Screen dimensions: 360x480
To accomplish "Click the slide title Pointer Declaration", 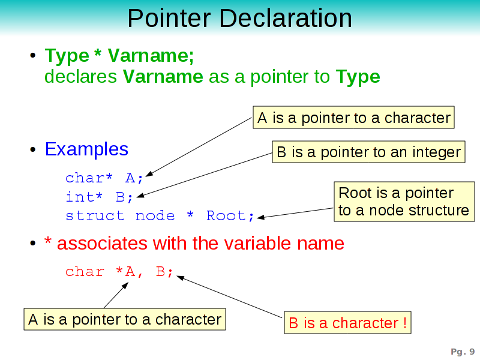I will (x=239, y=18).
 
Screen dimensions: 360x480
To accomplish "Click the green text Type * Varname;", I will (x=119, y=56).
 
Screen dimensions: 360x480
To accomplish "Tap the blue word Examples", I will (x=86, y=149).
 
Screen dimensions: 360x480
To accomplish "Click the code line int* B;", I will (x=99, y=197).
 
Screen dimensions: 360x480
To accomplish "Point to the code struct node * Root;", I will (x=160, y=216).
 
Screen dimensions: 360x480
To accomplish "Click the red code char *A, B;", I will (x=119, y=272).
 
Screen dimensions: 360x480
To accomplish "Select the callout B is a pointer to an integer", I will (x=368, y=152).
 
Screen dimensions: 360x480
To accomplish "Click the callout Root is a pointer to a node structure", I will (x=403, y=202).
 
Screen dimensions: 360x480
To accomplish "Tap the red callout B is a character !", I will (x=347, y=323).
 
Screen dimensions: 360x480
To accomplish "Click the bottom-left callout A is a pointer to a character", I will (x=125, y=319).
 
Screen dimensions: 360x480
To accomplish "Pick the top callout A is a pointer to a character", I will (x=353, y=118).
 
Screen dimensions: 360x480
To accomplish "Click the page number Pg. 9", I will (x=463, y=352).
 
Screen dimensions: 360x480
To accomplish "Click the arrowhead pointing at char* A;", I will (x=149, y=174).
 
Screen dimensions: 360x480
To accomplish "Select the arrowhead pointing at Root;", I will (x=261, y=217).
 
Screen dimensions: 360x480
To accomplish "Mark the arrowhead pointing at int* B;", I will (x=140, y=194).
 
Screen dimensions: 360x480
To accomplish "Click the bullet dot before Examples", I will (x=35, y=150).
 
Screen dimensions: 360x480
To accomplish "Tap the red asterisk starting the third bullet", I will (x=48, y=243).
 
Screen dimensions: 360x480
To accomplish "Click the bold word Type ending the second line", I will (x=358, y=77).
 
